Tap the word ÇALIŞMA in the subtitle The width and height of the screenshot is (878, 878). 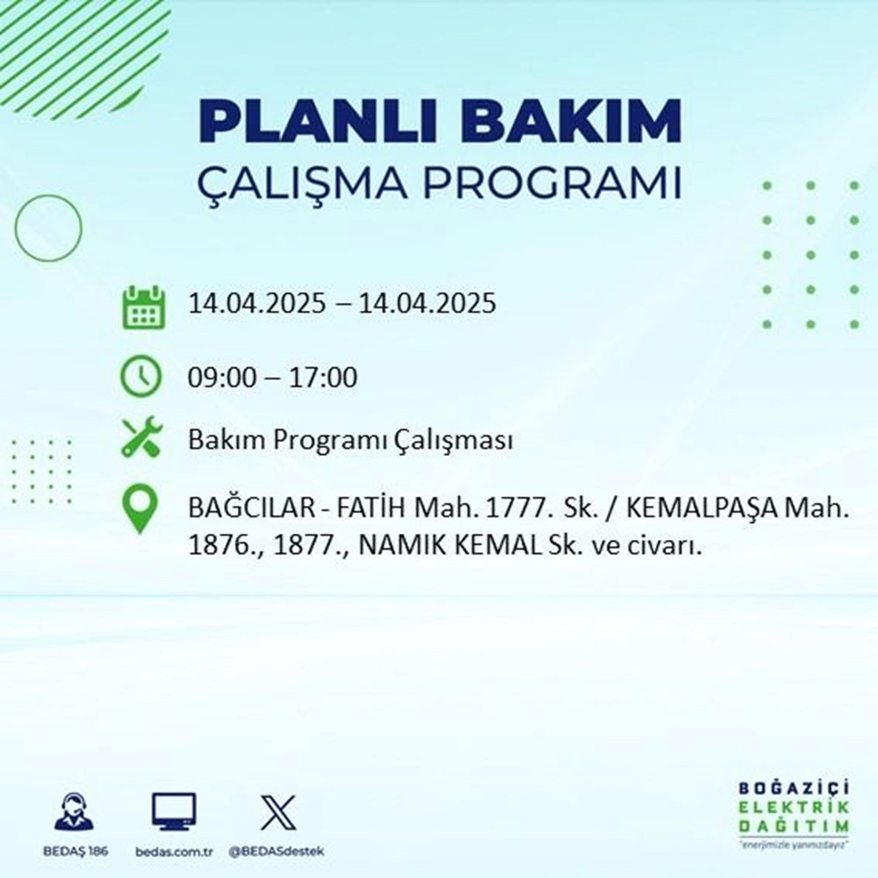[x=302, y=185]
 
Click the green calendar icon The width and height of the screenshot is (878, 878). [x=142, y=306]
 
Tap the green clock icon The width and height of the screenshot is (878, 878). [x=142, y=378]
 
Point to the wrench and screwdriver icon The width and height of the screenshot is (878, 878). [x=141, y=439]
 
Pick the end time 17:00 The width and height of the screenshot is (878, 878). [x=327, y=378]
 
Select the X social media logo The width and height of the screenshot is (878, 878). [x=277, y=812]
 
